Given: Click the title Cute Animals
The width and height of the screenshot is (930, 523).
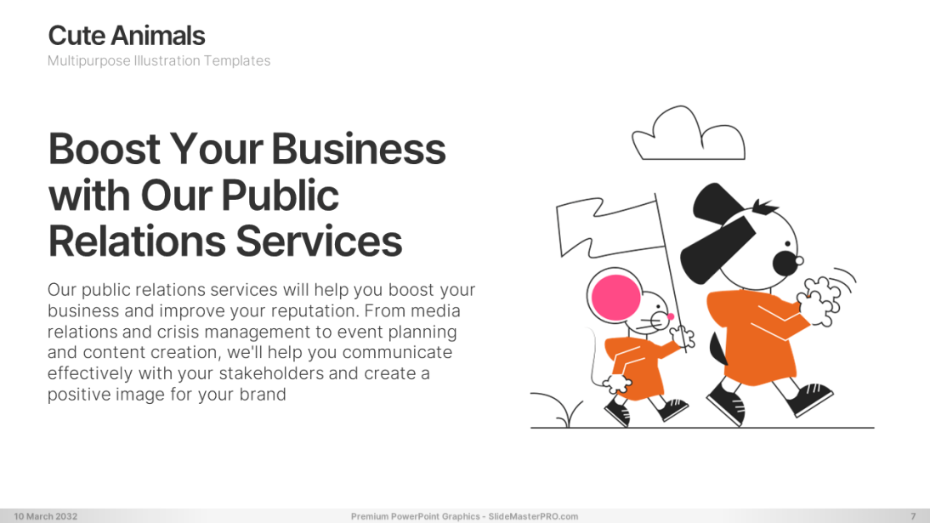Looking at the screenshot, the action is pyautogui.click(x=127, y=36).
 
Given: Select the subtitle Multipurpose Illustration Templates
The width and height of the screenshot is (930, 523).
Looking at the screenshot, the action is pyautogui.click(x=159, y=60).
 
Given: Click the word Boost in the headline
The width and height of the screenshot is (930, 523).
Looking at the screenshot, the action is pyautogui.click(x=105, y=149).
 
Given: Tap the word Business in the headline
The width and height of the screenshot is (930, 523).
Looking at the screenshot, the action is pyautogui.click(x=359, y=149).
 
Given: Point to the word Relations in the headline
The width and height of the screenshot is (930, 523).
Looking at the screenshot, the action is pyautogui.click(x=137, y=242).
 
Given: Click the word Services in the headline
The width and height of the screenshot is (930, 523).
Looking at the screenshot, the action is pyautogui.click(x=319, y=242).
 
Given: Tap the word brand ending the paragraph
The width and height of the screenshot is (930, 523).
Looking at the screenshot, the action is pyautogui.click(x=263, y=395).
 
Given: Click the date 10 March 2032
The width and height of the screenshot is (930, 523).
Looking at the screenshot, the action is pyautogui.click(x=46, y=516).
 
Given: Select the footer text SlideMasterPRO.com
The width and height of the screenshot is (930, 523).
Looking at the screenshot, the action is pyautogui.click(x=533, y=516).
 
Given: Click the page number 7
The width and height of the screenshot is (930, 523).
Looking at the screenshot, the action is pyautogui.click(x=913, y=516).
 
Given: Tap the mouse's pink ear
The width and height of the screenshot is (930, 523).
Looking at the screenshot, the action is pyautogui.click(x=616, y=297).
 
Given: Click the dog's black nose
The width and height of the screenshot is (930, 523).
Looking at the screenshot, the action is pyautogui.click(x=785, y=263).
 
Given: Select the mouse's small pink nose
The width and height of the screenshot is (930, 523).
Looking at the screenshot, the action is pyautogui.click(x=671, y=316).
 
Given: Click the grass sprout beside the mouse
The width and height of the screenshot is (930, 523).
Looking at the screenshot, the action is pyautogui.click(x=558, y=410).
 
